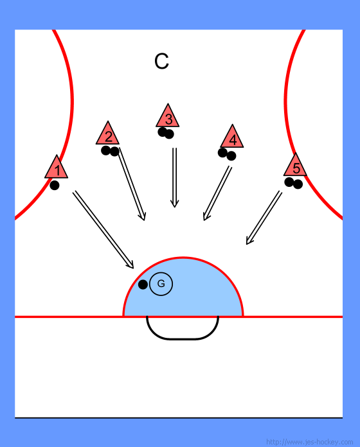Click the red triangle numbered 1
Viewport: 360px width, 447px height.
[x=56, y=169]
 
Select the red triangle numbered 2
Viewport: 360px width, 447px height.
[x=107, y=135]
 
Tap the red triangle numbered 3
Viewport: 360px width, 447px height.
[x=167, y=118]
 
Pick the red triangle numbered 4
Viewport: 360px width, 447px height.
[x=232, y=138]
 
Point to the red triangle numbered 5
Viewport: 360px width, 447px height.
[x=295, y=166]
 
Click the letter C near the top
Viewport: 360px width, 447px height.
[x=161, y=61]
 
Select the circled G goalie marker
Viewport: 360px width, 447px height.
[x=161, y=284]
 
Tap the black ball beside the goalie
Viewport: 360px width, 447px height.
[x=143, y=285]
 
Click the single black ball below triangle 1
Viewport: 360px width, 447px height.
[x=55, y=186]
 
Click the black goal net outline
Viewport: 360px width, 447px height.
[x=183, y=338]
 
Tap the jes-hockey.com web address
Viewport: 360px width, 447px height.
[x=309, y=442]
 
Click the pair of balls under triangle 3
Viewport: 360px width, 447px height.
[x=166, y=133]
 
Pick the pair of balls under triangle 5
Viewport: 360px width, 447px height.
[x=294, y=183]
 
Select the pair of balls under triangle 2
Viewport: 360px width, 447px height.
[x=110, y=151]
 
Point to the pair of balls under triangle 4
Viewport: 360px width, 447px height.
[x=227, y=154]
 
